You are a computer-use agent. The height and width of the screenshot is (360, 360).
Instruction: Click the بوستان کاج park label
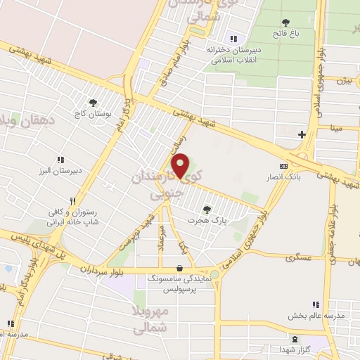click(x=92, y=112)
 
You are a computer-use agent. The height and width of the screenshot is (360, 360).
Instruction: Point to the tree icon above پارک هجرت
click(x=206, y=208)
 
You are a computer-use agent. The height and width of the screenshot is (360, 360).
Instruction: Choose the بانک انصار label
click(x=284, y=176)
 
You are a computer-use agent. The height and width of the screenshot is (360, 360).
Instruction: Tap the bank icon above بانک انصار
click(x=284, y=166)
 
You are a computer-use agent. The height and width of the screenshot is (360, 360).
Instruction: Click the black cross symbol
click(x=302, y=134)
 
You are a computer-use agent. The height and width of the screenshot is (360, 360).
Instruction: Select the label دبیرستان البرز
click(x=60, y=169)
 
